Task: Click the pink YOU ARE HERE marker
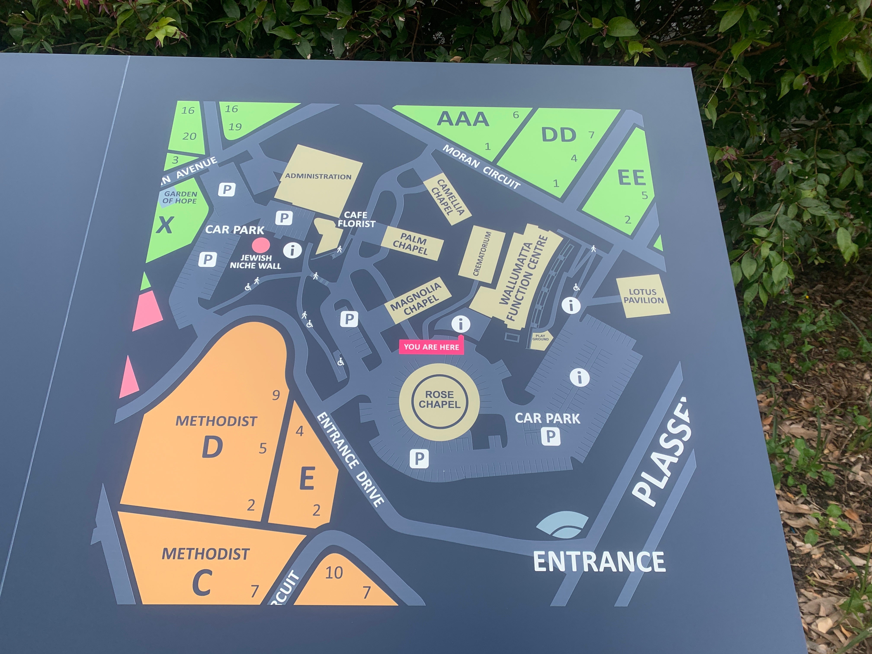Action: (431, 347)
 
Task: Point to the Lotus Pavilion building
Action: (643, 296)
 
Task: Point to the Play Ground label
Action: (540, 338)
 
